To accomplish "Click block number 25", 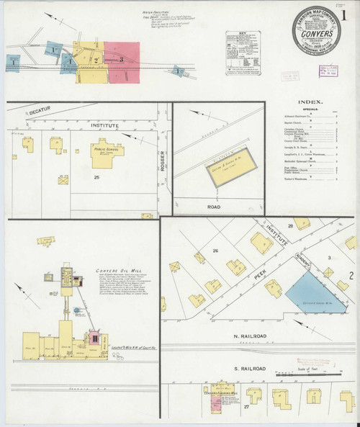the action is [x=95, y=176].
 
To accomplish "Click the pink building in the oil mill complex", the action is [x=94, y=338].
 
